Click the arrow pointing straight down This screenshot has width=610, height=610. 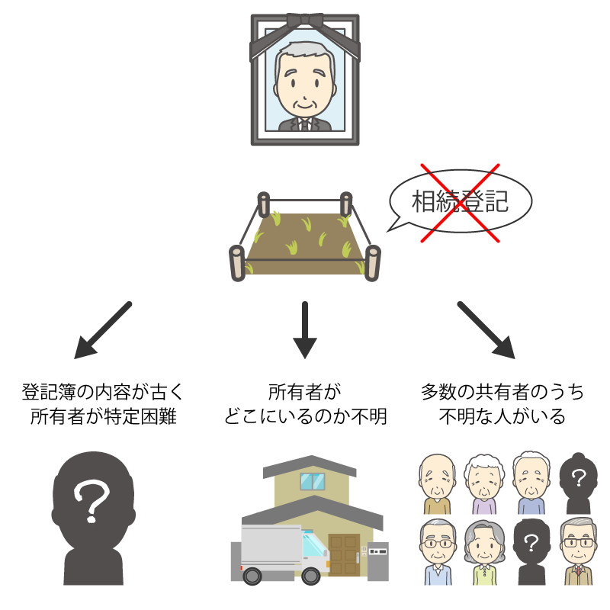point(305,329)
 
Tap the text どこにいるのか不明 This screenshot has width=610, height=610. point(305,418)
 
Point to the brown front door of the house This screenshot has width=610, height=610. point(344,556)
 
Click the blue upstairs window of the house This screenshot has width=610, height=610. point(311,482)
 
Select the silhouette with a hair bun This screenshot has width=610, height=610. point(578,484)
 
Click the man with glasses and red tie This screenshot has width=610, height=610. point(578,553)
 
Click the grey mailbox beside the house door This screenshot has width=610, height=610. point(377,551)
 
